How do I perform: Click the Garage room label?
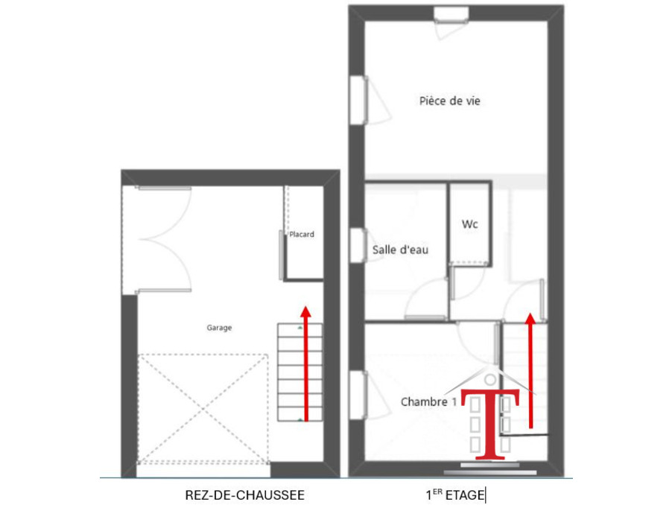[219, 328]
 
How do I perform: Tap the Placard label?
[301, 235]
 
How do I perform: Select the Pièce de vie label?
[449, 101]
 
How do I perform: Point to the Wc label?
[469, 224]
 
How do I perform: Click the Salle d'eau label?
[400, 250]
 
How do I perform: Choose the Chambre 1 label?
[428, 401]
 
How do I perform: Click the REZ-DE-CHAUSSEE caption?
[244, 495]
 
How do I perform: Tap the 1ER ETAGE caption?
[455, 495]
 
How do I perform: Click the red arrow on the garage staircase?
[305, 363]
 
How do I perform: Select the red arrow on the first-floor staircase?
[530, 370]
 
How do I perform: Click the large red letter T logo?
[490, 424]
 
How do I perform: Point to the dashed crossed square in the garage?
[203, 409]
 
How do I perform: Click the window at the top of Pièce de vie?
[451, 15]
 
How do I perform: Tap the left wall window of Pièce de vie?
[358, 101]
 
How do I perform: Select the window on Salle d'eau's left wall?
[358, 245]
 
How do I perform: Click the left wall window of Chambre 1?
[358, 395]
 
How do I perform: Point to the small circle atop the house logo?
[490, 380]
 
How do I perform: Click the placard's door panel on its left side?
[281, 255]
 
